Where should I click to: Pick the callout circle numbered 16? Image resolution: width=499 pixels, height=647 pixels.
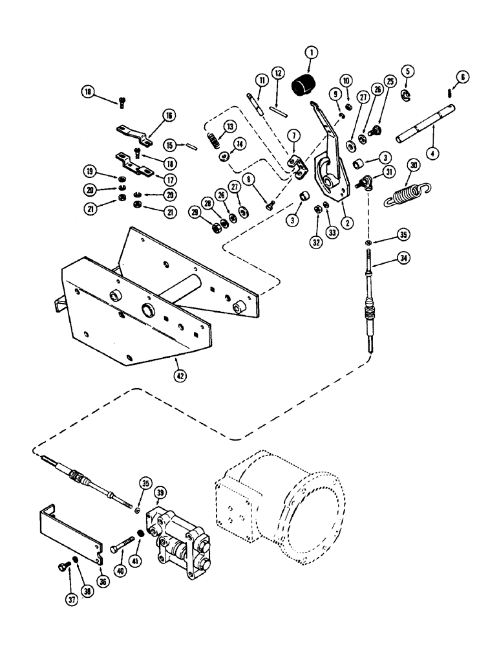pyautogui.click(x=150, y=116)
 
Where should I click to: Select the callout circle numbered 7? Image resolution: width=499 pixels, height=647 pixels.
pyautogui.click(x=293, y=135)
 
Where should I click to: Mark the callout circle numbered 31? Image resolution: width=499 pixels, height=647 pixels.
pyautogui.click(x=390, y=171)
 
